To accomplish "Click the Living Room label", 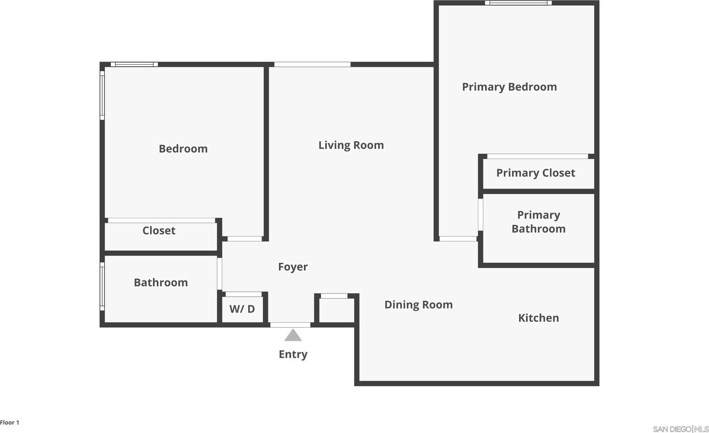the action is click(351, 145).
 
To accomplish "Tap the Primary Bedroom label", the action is click(509, 87).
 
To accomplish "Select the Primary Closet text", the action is click(535, 173).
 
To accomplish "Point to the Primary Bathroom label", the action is click(539, 222).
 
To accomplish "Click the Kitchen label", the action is click(539, 318).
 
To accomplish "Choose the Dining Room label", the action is click(418, 305).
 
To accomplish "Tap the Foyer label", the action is click(293, 266).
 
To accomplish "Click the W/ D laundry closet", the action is click(242, 309).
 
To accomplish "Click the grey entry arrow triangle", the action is click(293, 335).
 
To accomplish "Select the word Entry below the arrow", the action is click(293, 354).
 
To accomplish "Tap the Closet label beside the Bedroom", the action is click(159, 231).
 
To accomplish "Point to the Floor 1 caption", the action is click(9, 423).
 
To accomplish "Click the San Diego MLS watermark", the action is click(681, 429).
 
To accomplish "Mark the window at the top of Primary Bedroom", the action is click(518, 3).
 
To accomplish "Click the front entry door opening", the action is click(290, 325).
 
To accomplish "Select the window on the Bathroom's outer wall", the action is click(102, 286).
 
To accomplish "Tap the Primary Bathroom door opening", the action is click(481, 215).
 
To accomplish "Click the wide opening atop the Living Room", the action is click(312, 65).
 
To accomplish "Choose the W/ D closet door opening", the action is click(244, 294).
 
